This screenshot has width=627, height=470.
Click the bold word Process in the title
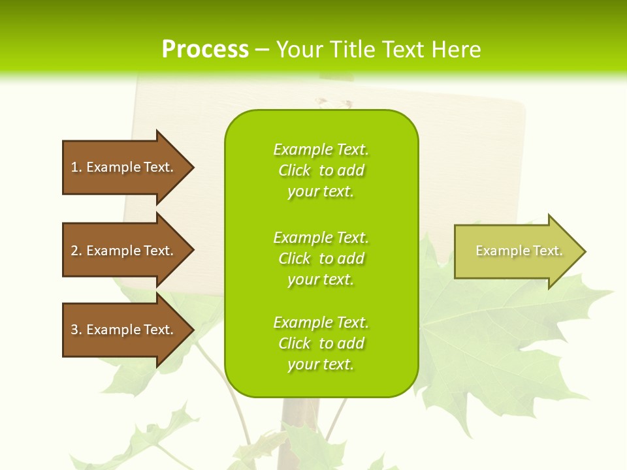coord(205,50)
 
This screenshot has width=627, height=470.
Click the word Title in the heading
coord(353,50)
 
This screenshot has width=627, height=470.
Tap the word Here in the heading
coord(457,50)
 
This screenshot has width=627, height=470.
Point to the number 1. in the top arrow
coord(76,167)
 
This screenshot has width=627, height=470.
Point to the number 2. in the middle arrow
coord(76,251)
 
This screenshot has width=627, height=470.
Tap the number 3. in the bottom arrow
coord(76,330)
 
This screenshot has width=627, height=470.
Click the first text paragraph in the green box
coord(321,170)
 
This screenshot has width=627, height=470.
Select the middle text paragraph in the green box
coord(321,258)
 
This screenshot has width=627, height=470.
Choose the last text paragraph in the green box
coord(321,343)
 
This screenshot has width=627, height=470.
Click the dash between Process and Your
coord(262,50)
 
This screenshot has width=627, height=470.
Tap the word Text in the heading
coord(405,50)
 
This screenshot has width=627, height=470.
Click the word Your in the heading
coord(300,50)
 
